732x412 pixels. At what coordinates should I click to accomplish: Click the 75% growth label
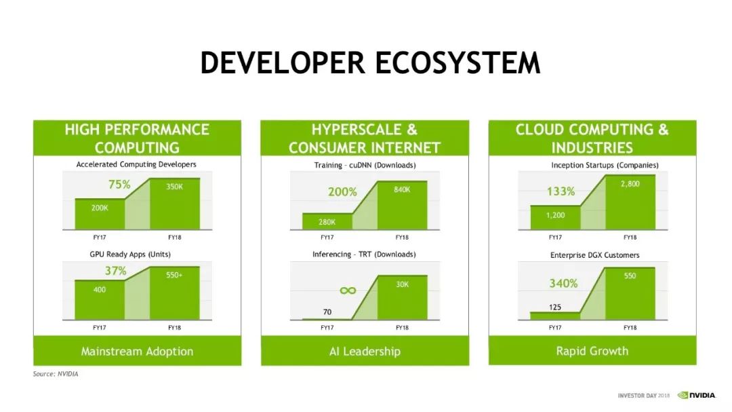(119, 185)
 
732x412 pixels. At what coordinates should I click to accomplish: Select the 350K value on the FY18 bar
(175, 187)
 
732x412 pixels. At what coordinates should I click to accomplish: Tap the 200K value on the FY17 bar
(100, 208)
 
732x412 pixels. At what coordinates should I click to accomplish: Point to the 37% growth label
(116, 271)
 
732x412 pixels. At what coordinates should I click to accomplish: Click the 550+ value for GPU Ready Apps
(174, 275)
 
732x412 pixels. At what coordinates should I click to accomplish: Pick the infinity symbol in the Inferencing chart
(348, 291)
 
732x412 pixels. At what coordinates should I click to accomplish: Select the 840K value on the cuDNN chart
(402, 189)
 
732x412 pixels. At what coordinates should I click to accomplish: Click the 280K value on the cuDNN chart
(327, 222)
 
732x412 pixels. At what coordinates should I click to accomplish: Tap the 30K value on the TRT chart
(403, 284)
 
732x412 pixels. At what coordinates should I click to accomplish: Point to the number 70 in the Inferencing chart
(327, 312)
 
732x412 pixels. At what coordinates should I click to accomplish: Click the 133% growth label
(561, 191)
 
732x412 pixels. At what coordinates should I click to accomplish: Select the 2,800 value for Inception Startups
(630, 184)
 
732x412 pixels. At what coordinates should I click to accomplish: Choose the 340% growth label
(563, 284)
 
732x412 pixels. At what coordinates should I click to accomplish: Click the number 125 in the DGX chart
(555, 307)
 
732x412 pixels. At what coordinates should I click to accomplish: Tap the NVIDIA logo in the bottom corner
(697, 395)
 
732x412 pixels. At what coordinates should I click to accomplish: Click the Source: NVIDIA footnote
(56, 374)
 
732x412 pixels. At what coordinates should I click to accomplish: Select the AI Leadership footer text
(365, 351)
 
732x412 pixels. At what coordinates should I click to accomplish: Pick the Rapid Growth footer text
(592, 351)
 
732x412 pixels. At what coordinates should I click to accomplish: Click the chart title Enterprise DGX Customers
(595, 255)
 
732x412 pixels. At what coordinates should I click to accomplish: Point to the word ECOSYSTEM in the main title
(458, 62)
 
